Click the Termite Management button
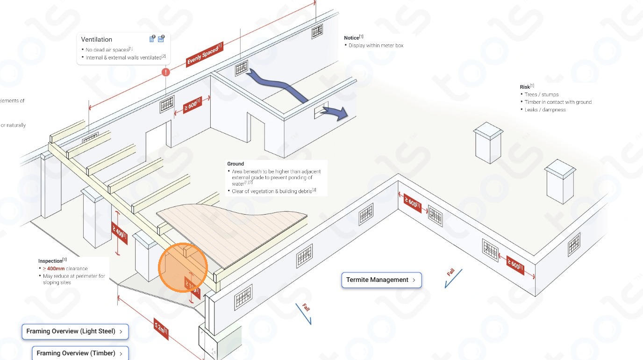(381, 280)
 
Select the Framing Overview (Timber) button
(80, 353)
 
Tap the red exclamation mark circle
(166, 72)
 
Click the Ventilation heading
(97, 40)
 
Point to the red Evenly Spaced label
(204, 55)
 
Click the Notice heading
(351, 38)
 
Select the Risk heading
(525, 87)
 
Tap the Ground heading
(236, 164)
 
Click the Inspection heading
(50, 261)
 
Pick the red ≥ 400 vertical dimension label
(119, 233)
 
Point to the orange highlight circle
(182, 268)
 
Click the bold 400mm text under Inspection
(56, 269)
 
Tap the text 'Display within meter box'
(376, 46)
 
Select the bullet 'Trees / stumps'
(541, 94)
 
